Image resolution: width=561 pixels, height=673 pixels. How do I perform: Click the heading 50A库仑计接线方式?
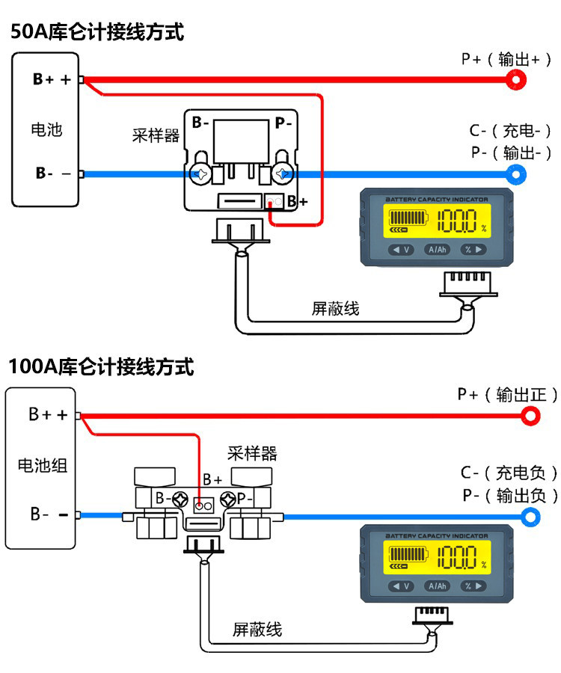coord(97,32)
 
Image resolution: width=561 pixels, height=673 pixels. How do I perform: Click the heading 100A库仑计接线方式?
coord(101,367)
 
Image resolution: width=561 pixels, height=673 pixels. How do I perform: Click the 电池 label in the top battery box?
coord(46,129)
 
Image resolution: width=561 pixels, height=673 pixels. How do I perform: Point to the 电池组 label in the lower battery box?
coord(43,465)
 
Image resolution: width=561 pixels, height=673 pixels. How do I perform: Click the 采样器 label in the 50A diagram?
coord(156,135)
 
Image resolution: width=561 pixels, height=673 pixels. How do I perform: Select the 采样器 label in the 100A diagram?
coord(252,453)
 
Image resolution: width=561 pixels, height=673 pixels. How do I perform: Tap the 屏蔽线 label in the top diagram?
coord(335,308)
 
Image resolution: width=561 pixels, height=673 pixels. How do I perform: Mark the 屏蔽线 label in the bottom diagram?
coord(257,630)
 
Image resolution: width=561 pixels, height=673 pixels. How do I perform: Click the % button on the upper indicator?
coord(473,249)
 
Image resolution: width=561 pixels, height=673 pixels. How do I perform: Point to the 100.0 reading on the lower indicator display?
coord(457,557)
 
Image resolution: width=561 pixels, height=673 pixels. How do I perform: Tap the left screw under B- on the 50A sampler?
coord(200,173)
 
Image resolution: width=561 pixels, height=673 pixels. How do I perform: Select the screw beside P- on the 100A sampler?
coord(228,500)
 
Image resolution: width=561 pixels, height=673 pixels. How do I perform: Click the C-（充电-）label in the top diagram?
coord(510,131)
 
